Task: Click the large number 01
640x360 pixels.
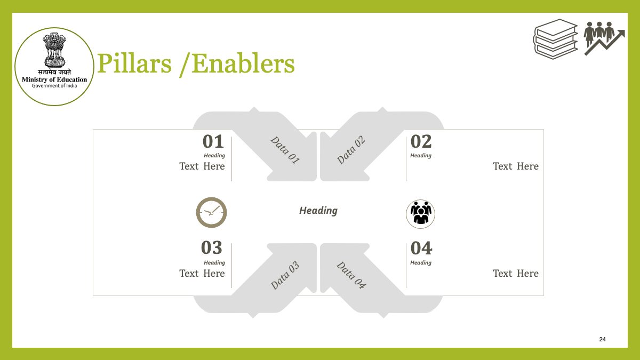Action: click(x=213, y=141)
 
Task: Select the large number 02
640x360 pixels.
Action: click(x=421, y=141)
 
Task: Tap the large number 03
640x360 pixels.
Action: click(x=211, y=247)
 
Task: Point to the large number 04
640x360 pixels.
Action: click(x=421, y=248)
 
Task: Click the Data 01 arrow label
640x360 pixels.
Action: click(x=285, y=150)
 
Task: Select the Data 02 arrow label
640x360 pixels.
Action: click(x=351, y=150)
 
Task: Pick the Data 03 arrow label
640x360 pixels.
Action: click(x=285, y=275)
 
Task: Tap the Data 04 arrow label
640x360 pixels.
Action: click(x=351, y=275)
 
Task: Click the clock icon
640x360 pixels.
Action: click(x=211, y=212)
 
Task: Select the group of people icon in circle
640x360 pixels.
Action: click(x=421, y=214)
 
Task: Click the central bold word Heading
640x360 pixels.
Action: click(x=318, y=211)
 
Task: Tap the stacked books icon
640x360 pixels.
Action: click(x=555, y=39)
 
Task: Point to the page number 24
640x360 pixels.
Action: click(x=602, y=339)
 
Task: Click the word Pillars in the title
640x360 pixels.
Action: click(x=134, y=63)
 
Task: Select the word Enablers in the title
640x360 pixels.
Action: click(x=243, y=63)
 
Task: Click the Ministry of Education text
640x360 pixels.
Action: click(x=54, y=79)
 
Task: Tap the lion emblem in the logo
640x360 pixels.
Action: click(x=54, y=50)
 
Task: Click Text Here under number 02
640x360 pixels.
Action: click(x=516, y=166)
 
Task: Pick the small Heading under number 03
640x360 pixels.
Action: click(x=214, y=262)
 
